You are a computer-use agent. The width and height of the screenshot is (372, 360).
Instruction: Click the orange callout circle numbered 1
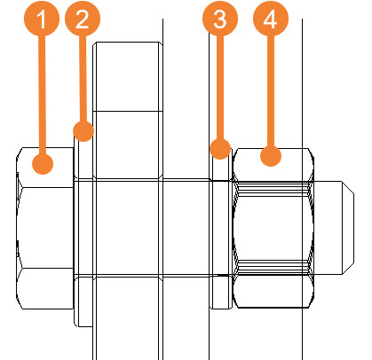pos(42,19)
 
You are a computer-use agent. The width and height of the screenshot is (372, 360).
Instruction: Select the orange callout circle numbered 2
pos(83,19)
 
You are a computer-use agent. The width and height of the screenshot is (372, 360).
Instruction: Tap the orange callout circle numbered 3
pos(220,19)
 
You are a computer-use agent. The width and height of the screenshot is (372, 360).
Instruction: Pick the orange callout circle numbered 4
pos(271,19)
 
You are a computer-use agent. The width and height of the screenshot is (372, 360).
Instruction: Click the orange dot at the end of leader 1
pos(43,164)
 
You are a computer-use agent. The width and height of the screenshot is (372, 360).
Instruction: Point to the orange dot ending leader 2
pos(83,130)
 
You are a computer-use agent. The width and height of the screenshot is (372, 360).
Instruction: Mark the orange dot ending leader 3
pos(220,149)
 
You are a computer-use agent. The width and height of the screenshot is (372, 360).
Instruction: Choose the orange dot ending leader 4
pos(271,156)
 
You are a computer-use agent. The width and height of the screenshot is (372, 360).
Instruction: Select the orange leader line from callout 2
pos(83,78)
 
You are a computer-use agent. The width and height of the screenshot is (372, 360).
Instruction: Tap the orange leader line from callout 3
pos(220,87)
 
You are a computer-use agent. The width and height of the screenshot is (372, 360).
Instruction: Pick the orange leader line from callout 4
pos(271,90)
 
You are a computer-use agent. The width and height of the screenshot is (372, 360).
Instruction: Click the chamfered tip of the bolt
pos(348,227)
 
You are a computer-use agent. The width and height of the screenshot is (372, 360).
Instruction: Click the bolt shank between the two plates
pos(186,228)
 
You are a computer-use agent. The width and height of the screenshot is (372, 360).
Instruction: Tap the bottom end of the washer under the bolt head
pos(83,326)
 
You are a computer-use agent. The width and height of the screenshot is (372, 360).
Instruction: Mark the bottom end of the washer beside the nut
pos(221,309)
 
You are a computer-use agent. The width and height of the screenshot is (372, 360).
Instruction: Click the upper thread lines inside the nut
pos(273,188)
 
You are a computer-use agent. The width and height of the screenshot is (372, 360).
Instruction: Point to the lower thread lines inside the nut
pos(273,267)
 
